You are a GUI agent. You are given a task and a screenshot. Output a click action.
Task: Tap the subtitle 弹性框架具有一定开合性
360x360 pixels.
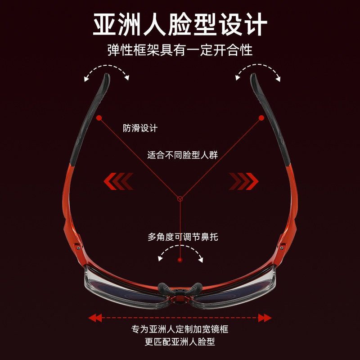(x=180, y=49)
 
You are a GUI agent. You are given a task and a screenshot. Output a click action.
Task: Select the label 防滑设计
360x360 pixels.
(x=140, y=128)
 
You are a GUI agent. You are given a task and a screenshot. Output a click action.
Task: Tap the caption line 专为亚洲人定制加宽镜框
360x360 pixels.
(x=180, y=329)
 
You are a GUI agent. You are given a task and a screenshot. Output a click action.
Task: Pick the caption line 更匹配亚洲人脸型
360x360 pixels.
(x=180, y=342)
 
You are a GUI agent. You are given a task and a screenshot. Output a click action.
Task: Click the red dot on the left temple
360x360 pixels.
(x=99, y=117)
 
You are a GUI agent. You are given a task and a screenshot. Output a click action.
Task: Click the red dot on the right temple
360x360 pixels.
(x=261, y=117)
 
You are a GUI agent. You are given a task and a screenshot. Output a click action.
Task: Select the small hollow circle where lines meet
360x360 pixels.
(x=180, y=197)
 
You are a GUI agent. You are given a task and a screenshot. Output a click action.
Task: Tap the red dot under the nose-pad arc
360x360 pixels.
(x=180, y=260)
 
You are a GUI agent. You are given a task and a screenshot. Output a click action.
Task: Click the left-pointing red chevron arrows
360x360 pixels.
(x=118, y=181)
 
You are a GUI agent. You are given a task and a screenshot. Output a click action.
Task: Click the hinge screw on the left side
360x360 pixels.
(x=79, y=245)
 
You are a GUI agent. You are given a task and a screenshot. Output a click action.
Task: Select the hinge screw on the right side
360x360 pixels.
(x=282, y=245)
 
